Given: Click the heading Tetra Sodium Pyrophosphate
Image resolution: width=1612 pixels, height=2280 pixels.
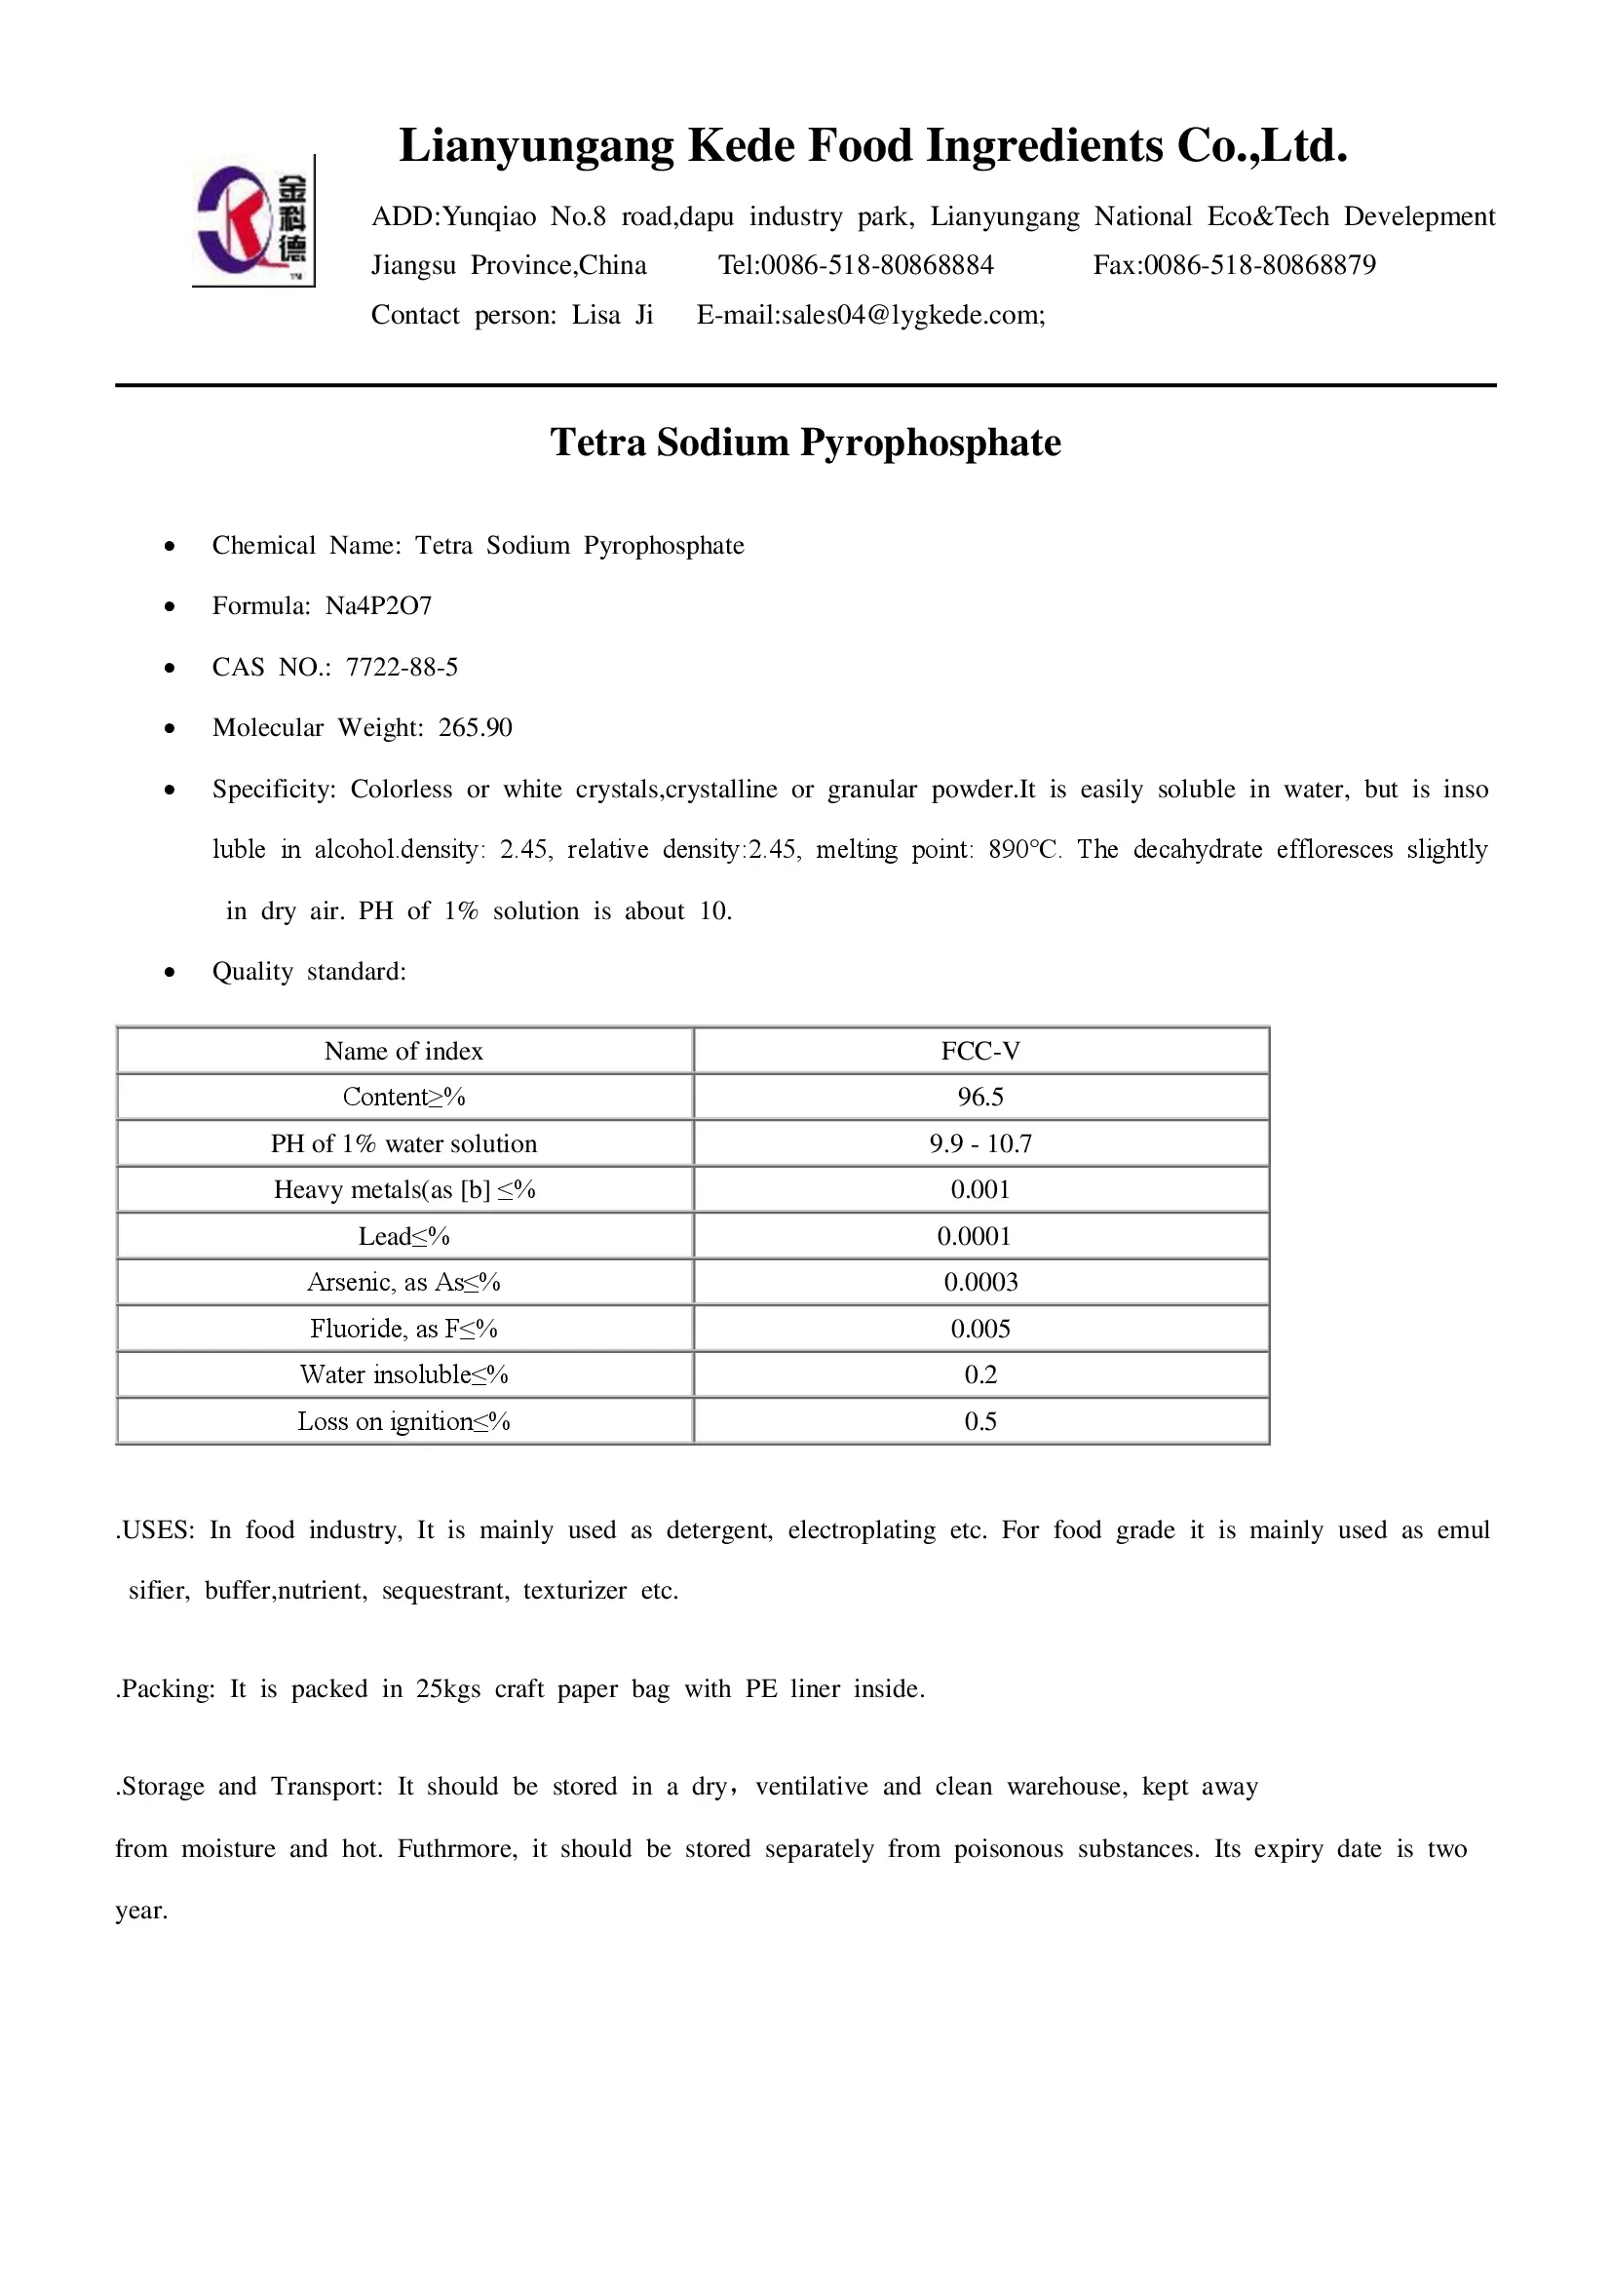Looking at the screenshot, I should click(x=805, y=443).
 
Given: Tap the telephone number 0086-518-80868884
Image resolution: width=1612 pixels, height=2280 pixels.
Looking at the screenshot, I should click(x=876, y=265).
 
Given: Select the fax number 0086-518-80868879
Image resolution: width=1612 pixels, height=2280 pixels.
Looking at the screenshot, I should click(x=1259, y=265).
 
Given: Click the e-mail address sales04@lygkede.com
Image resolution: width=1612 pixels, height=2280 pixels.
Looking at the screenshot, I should click(x=912, y=315).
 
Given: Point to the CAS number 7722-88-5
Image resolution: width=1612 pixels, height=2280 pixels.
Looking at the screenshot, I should click(x=402, y=668).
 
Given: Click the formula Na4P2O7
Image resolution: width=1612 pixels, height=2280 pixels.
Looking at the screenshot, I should click(x=378, y=605).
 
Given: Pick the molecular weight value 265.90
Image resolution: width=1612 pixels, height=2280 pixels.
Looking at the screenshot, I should click(x=476, y=728).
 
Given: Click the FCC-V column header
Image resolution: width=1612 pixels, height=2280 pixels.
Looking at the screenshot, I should click(x=979, y=1051).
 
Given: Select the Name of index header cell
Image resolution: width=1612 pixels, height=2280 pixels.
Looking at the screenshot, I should click(x=403, y=1051).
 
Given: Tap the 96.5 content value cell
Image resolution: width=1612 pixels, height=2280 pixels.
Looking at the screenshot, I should click(x=979, y=1097).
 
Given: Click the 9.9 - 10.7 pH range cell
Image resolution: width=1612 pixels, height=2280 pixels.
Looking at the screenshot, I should click(x=979, y=1143).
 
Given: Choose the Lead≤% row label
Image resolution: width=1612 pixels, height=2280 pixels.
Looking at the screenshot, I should click(x=403, y=1236).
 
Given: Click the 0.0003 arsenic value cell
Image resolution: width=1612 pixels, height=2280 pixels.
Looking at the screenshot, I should click(x=979, y=1282).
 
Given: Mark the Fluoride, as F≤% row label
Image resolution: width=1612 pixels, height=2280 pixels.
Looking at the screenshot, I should click(x=403, y=1329).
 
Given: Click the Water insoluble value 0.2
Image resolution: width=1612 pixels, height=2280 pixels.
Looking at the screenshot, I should click(x=979, y=1374).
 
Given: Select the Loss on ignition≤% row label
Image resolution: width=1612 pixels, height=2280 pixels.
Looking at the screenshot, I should click(x=403, y=1421).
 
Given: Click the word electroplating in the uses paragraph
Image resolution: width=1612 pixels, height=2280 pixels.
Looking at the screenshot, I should click(x=861, y=1530).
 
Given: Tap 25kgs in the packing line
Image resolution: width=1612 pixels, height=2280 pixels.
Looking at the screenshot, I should click(x=447, y=1689).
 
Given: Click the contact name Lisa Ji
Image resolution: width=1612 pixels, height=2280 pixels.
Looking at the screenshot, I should click(x=611, y=315).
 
